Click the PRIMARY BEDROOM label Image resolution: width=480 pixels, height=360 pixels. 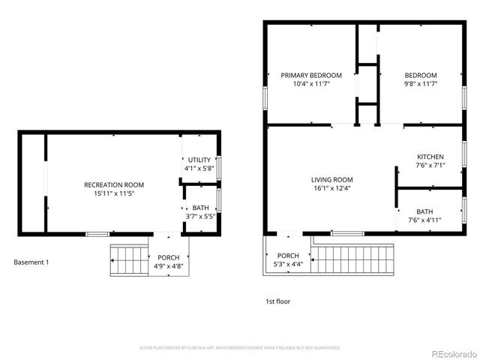(x=311, y=75)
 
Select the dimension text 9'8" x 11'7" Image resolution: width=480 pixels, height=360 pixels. (x=420, y=84)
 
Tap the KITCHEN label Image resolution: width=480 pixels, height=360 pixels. (x=430, y=157)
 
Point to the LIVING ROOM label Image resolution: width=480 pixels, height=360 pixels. (x=331, y=179)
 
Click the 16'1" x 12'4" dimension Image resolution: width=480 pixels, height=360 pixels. (x=331, y=188)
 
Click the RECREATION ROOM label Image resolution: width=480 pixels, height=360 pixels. (x=114, y=184)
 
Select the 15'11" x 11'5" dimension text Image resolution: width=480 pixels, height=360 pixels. (x=114, y=193)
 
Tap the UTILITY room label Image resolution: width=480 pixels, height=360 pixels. (x=199, y=160)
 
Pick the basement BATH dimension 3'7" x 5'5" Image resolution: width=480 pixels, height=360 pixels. (x=200, y=217)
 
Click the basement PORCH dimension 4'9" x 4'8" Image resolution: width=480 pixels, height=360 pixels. (x=169, y=266)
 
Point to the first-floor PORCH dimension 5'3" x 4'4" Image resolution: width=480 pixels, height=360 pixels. (x=288, y=264)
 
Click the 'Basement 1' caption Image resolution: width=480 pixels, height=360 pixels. (x=31, y=262)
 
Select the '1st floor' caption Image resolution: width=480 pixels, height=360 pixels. (x=277, y=301)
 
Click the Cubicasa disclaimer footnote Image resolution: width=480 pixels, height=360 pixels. (x=240, y=348)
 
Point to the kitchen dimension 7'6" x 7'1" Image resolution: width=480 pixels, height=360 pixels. (x=430, y=165)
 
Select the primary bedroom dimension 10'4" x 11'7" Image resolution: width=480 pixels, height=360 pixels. (x=311, y=84)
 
